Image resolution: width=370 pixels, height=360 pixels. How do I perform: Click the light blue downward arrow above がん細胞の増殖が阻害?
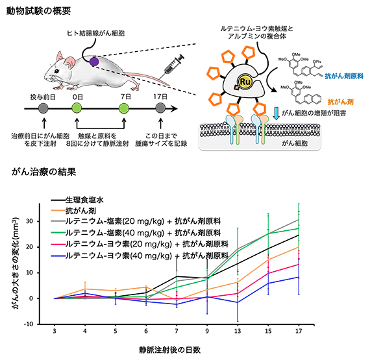(x=276, y=112)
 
